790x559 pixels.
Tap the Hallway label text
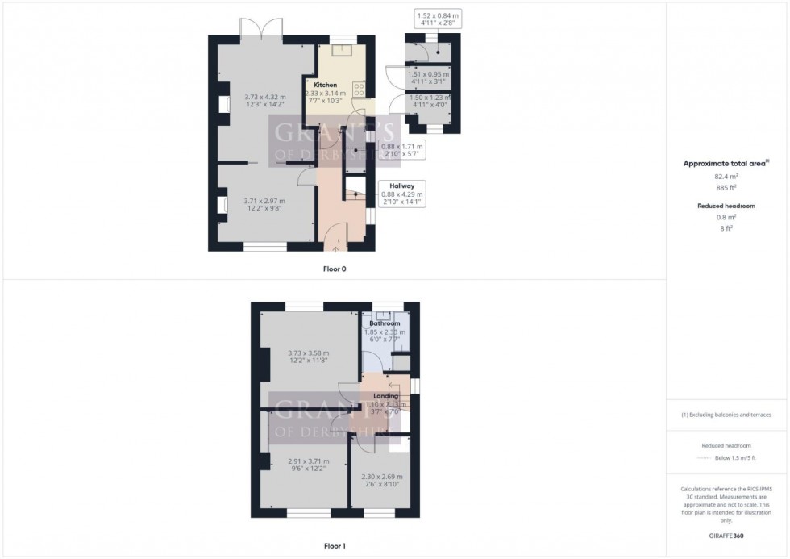pos(401,186)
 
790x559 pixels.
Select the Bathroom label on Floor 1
pos(385,323)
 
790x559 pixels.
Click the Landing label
pos(385,396)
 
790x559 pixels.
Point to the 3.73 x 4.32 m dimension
pos(264,98)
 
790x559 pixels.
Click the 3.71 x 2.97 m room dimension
pos(264,201)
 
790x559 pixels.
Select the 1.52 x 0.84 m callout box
pos(438,19)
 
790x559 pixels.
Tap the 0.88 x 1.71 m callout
pos(401,150)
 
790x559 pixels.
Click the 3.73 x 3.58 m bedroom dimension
pos(308,352)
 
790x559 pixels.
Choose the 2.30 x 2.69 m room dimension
pos(383,477)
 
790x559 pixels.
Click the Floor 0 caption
pos(334,269)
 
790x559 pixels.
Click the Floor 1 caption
pos(335,546)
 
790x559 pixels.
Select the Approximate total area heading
pos(724,163)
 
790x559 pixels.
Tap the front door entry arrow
pos(336,249)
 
